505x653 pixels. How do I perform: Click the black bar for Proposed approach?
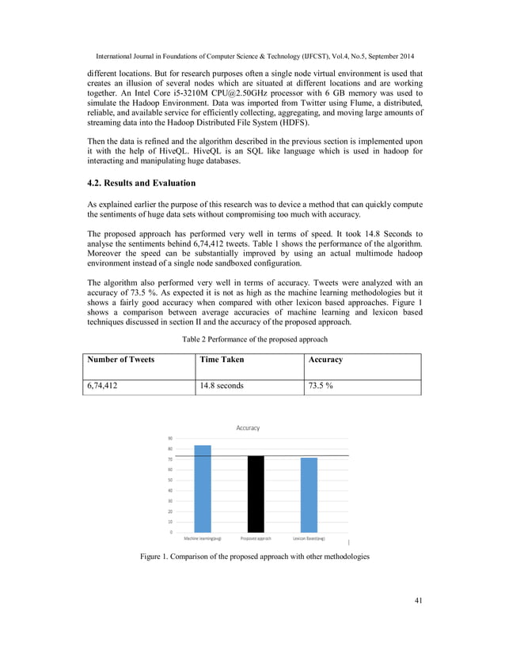point(256,494)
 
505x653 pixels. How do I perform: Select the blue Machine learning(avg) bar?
point(203,489)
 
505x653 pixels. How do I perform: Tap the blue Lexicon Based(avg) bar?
point(309,495)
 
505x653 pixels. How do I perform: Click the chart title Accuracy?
point(248,428)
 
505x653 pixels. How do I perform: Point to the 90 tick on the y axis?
point(171,439)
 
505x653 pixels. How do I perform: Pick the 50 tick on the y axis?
point(171,480)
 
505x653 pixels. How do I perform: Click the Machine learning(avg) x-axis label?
point(203,538)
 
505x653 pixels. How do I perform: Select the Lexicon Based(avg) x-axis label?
point(309,538)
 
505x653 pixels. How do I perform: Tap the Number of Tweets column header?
point(120,360)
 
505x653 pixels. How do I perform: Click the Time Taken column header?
point(222,360)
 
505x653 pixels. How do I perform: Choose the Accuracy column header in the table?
point(325,360)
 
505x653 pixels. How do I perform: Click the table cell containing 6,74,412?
point(105,387)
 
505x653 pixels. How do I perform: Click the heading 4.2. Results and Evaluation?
point(141,183)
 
